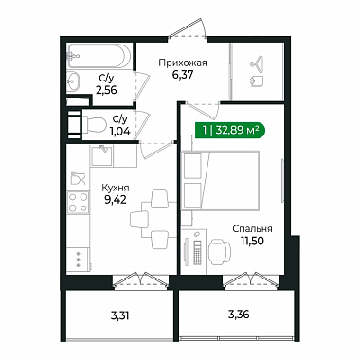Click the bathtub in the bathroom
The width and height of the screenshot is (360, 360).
[99, 56]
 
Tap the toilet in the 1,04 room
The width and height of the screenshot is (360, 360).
[95, 125]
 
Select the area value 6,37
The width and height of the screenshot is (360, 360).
[183, 75]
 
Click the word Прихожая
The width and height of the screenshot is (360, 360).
[183, 63]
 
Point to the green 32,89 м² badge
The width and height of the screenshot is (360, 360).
[230, 130]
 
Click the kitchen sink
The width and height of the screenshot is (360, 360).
[101, 155]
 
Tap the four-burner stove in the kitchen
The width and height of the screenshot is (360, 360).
[78, 203]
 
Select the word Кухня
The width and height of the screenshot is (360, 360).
[116, 188]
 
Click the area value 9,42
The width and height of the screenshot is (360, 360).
[116, 200]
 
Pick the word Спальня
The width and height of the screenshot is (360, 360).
[252, 228]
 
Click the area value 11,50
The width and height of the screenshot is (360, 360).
[252, 241]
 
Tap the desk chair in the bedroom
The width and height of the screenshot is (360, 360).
[220, 251]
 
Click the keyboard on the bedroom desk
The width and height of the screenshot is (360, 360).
[197, 253]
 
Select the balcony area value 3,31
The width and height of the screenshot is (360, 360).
[120, 315]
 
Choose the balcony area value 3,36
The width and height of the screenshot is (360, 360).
[239, 315]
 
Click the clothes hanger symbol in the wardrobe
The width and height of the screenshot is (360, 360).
[258, 62]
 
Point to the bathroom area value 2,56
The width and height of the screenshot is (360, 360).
[106, 90]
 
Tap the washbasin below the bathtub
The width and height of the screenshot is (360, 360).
[74, 81]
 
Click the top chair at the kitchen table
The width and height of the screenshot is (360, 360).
[159, 199]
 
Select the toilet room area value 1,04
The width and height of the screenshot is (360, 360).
[120, 132]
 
